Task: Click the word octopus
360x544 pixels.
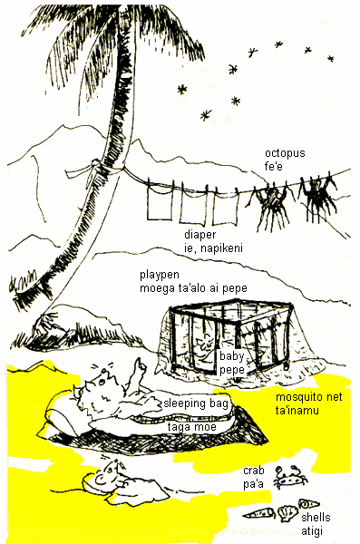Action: [285, 153]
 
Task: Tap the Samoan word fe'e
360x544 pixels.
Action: [274, 167]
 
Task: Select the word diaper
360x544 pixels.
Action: [200, 235]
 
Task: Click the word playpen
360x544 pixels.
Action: [160, 275]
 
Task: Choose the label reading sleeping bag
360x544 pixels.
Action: [196, 403]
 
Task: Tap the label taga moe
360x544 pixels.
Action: [192, 427]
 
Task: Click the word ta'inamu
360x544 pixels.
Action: [297, 411]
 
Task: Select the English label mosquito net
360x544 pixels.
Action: [308, 397]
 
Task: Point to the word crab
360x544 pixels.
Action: [254, 471]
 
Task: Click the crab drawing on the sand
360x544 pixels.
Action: [290, 477]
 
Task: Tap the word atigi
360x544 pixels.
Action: [312, 530]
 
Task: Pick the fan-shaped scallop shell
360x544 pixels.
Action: [287, 514]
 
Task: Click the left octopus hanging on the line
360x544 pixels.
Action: [270, 204]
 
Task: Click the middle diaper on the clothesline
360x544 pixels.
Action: [192, 204]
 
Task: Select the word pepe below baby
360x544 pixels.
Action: [232, 370]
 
